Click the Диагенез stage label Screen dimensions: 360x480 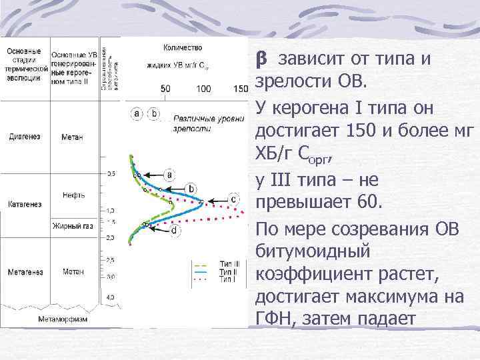25,137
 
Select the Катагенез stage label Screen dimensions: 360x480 25,203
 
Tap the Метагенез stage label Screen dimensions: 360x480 25,272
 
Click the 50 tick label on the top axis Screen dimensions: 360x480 166,89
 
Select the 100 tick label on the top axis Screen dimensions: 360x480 204,89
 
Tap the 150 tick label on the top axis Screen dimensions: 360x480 241,89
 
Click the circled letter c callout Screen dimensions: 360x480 233,199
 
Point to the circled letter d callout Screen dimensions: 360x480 173,231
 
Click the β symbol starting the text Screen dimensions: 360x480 261,59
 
